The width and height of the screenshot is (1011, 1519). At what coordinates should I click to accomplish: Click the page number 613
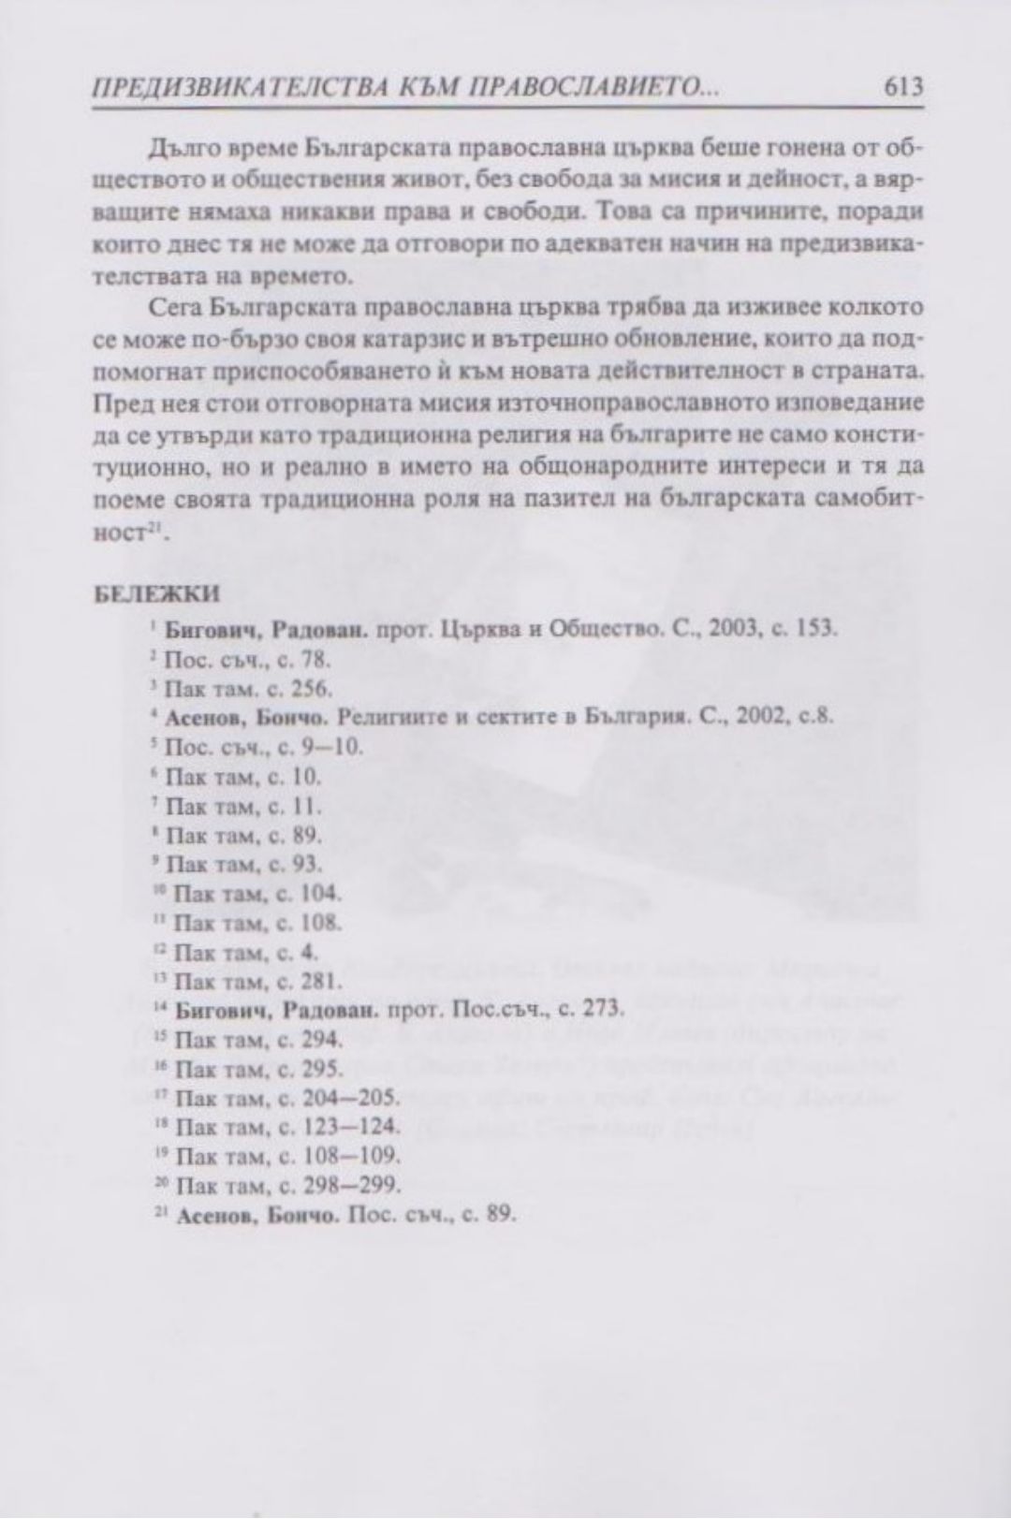click(902, 88)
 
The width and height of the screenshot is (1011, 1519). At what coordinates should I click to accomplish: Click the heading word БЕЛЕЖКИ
click(158, 594)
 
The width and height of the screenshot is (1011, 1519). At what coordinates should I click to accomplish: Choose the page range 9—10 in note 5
click(334, 747)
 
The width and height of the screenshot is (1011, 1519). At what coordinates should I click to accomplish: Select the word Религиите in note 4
click(385, 717)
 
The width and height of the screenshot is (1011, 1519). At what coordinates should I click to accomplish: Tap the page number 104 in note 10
click(321, 893)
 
